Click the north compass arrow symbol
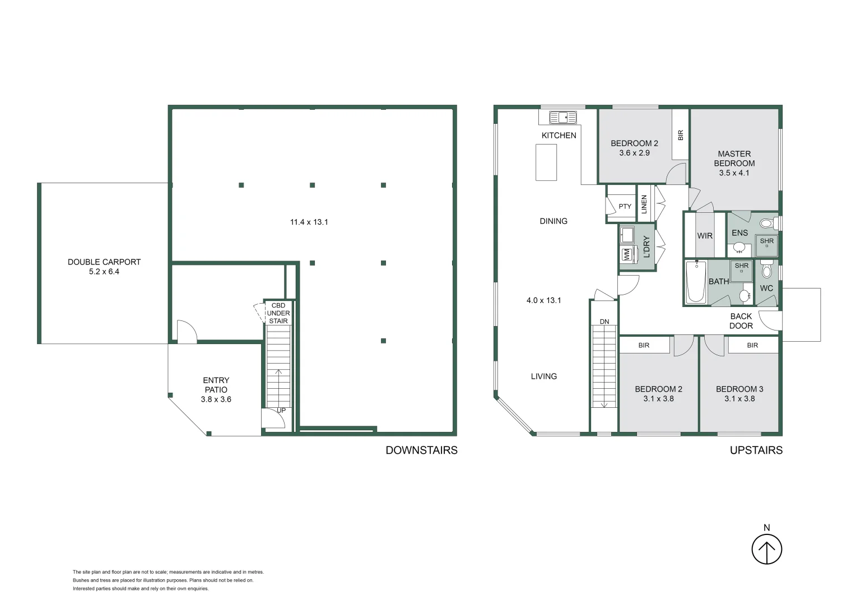pos(766,550)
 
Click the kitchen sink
pos(562,117)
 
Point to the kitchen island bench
pos(546,162)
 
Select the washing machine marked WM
pos(626,254)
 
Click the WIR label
pos(705,236)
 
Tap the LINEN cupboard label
pos(644,204)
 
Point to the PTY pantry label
pos(625,207)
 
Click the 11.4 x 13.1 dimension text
pos(309,222)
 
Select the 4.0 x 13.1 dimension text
pos(543,301)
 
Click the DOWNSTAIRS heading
pos(421,450)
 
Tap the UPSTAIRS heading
pos(756,450)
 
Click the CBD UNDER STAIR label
pos(278,314)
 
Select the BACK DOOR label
pos(741,321)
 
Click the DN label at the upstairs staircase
pos(604,322)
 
